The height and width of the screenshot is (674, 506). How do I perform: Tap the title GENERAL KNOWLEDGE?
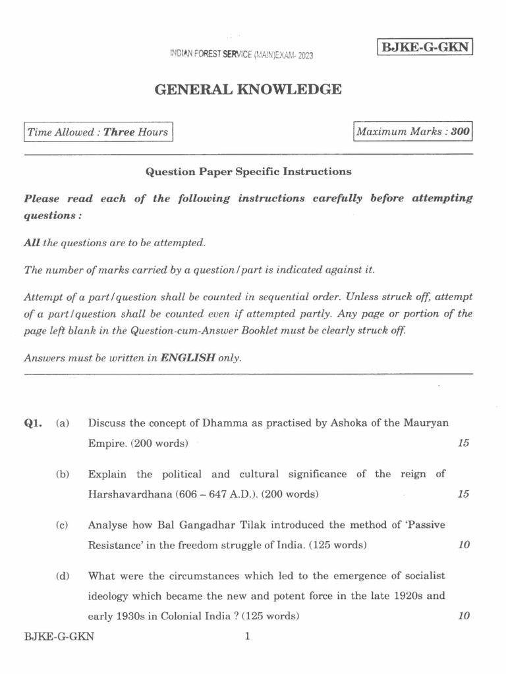click(248, 89)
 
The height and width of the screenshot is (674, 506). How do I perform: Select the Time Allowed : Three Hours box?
click(98, 132)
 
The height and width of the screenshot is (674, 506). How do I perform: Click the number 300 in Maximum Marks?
click(461, 132)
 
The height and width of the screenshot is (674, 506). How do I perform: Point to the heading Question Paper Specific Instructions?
click(248, 172)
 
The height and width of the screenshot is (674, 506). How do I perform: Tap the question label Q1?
click(32, 423)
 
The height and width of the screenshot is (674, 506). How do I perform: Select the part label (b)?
click(63, 474)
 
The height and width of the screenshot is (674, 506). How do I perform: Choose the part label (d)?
click(63, 576)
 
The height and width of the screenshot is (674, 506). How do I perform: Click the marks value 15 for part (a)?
click(463, 443)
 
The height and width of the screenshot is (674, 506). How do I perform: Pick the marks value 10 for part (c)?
click(463, 545)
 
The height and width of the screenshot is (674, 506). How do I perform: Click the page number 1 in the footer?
click(247, 636)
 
